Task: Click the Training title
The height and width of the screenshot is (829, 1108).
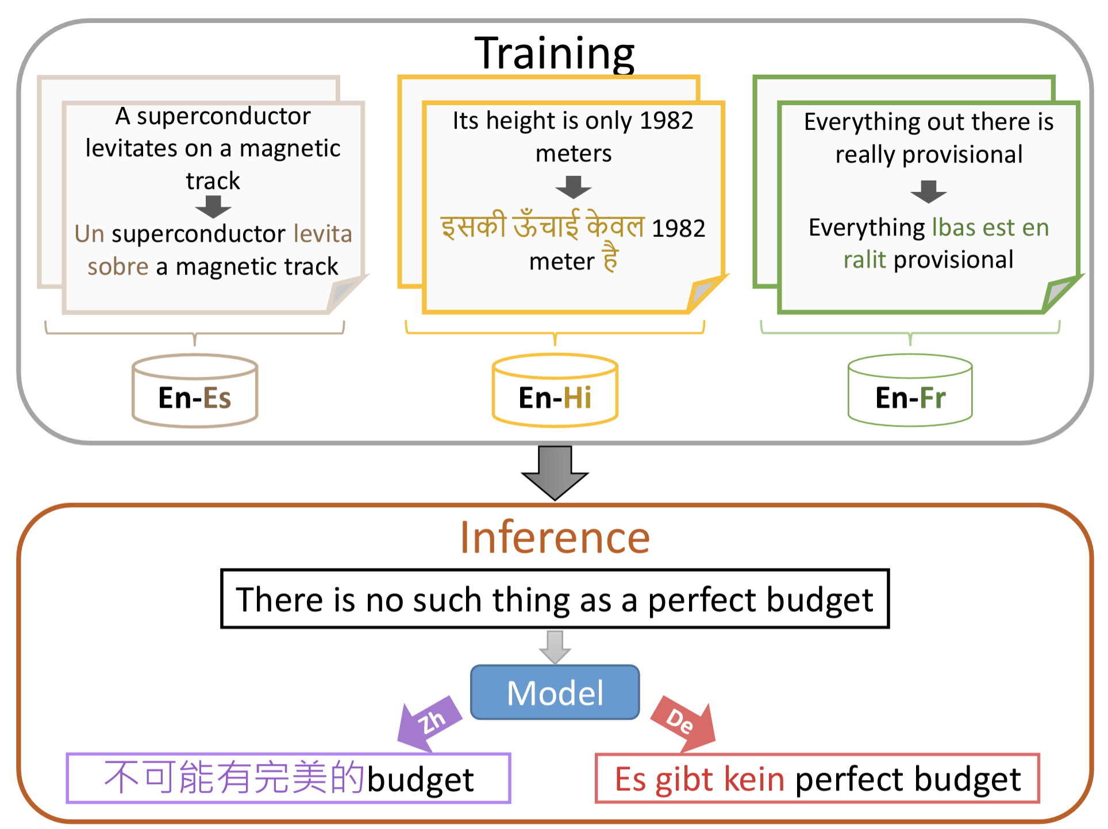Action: (554, 53)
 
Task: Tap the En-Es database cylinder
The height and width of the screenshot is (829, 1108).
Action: (195, 392)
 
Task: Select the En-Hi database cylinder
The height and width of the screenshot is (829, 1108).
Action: (555, 392)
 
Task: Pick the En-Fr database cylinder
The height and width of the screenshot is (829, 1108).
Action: (910, 392)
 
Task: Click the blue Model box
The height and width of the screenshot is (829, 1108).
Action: (555, 692)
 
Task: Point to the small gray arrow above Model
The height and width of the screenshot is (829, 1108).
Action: (555, 647)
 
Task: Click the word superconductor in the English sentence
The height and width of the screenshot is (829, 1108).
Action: (224, 116)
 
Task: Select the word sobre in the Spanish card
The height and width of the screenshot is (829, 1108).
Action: (118, 267)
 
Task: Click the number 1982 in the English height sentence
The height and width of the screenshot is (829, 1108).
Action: (666, 121)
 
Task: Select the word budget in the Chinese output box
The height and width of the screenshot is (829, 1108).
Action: (421, 780)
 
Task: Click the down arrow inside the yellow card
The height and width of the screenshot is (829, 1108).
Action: (573, 187)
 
